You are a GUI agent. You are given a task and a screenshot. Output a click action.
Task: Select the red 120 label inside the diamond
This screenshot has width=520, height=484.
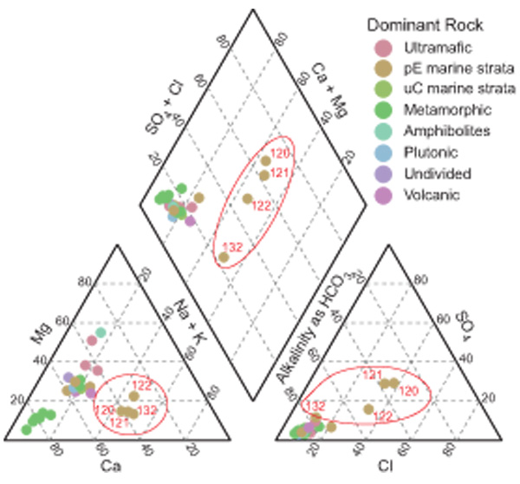(280, 154)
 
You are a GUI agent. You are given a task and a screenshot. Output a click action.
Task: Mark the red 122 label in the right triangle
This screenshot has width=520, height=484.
(382, 416)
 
